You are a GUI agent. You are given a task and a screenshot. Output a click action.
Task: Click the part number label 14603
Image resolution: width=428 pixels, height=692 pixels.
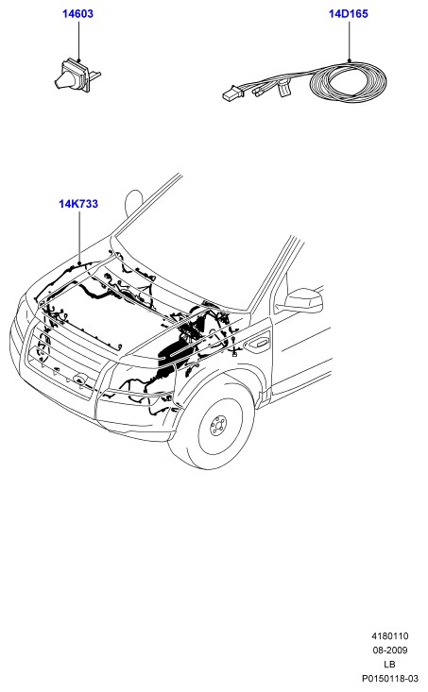coord(77,13)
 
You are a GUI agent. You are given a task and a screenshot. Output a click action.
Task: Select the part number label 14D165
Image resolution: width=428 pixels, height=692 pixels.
coord(348,13)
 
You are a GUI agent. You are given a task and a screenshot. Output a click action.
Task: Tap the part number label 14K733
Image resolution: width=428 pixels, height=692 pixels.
coord(78,204)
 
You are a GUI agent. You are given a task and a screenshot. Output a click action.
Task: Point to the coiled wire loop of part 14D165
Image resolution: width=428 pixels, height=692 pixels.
coord(348,82)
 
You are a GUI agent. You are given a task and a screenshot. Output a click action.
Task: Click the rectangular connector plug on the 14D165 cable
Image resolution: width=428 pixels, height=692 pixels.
coord(232,93)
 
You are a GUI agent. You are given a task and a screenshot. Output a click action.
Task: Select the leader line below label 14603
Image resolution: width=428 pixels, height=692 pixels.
coord(79,41)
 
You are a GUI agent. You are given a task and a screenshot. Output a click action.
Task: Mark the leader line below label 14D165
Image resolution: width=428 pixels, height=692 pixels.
coord(349,41)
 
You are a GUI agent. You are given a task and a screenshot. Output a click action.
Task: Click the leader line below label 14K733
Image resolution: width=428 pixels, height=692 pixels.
coord(79,238)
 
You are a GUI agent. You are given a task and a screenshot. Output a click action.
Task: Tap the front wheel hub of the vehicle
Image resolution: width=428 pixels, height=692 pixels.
coord(218,426)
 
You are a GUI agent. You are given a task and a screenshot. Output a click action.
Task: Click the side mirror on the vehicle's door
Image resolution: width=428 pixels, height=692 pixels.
coord(303,300)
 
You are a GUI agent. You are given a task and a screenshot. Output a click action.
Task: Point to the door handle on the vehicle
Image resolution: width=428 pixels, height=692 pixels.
coord(261,343)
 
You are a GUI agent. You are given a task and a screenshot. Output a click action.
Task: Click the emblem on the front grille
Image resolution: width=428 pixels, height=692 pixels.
coord(79,380)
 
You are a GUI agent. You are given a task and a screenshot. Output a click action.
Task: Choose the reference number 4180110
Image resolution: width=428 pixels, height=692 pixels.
coord(390,636)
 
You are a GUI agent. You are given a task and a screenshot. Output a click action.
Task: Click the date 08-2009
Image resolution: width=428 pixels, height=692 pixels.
coord(390,650)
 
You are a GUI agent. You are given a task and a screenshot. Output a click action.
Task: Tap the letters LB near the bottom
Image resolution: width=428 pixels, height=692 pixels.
coord(389,665)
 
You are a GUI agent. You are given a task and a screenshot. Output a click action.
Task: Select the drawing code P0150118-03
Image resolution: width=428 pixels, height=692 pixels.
coord(390,679)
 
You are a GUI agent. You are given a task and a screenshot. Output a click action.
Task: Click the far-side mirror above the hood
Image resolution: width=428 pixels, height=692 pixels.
coord(134,205)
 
